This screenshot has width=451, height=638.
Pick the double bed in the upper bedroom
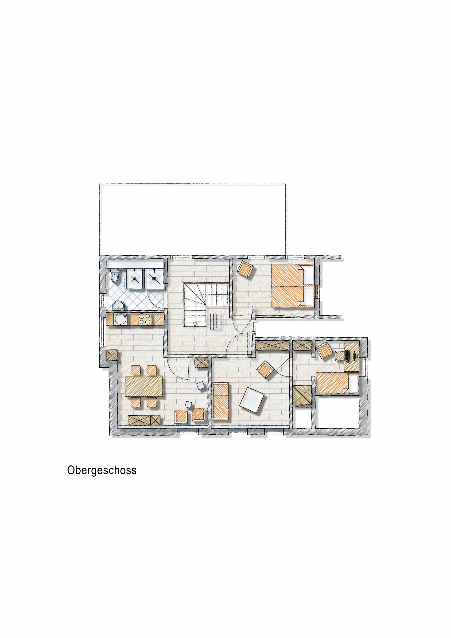click(292, 285)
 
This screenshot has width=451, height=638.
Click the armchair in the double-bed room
click(245, 269)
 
